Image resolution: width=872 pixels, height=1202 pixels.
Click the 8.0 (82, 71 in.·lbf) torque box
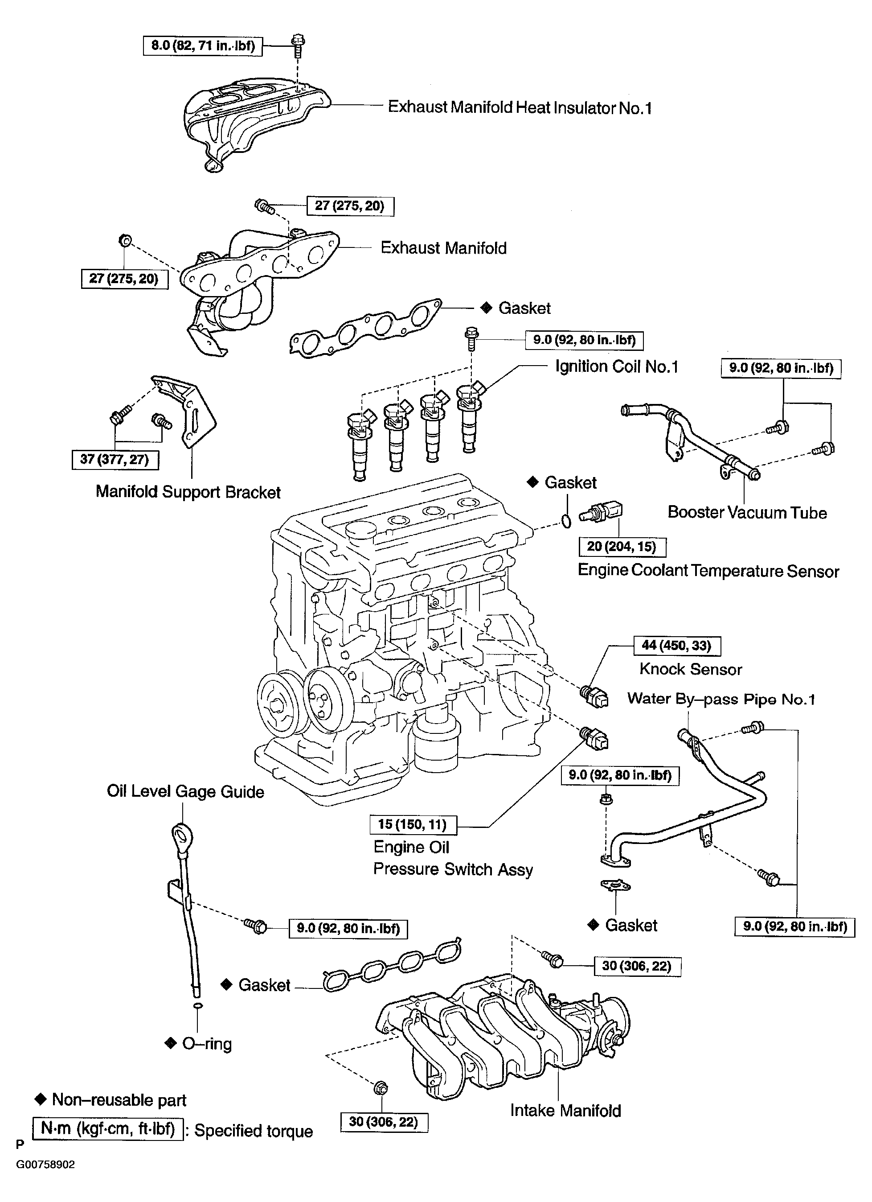click(x=203, y=45)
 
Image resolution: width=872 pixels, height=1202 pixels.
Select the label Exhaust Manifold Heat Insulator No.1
click(x=519, y=107)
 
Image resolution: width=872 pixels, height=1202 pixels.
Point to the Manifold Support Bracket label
click(x=188, y=492)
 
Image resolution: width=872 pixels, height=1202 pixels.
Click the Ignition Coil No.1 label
click(x=616, y=367)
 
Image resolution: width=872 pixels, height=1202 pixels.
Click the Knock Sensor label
click(x=690, y=669)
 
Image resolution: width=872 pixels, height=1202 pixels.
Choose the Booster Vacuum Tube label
click(x=746, y=512)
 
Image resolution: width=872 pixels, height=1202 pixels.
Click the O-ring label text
click(x=207, y=1044)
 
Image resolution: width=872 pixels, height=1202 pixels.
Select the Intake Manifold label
click(x=565, y=1110)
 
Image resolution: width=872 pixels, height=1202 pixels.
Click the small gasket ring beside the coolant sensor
click(x=566, y=522)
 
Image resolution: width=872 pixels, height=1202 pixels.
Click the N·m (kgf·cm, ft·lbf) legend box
click(x=108, y=1129)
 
